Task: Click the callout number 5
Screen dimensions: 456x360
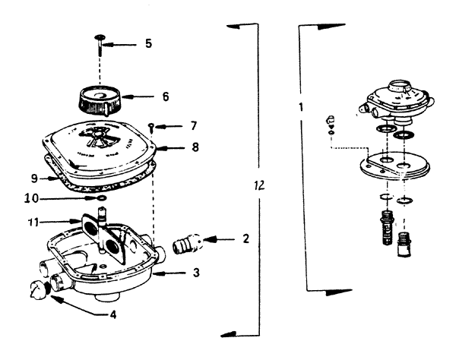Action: pyautogui.click(x=149, y=43)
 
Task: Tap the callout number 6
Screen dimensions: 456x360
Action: pyautogui.click(x=166, y=96)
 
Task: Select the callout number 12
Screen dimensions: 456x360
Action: pyautogui.click(x=259, y=185)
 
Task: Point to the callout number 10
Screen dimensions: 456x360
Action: pyautogui.click(x=31, y=199)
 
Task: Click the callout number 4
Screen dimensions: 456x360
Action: pyautogui.click(x=112, y=314)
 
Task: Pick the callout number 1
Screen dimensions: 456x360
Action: pyautogui.click(x=301, y=107)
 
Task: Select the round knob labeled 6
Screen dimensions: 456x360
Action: pyautogui.click(x=100, y=101)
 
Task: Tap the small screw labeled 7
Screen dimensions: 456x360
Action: pyautogui.click(x=151, y=128)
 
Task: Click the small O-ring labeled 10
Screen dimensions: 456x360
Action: pyautogui.click(x=102, y=198)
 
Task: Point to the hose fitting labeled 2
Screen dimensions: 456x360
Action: pyautogui.click(x=187, y=244)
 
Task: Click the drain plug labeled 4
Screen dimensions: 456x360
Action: pyautogui.click(x=39, y=289)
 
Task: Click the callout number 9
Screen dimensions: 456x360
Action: pyautogui.click(x=35, y=178)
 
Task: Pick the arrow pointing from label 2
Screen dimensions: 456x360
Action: pyautogui.click(x=219, y=239)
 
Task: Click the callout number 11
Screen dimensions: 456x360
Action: pyautogui.click(x=33, y=223)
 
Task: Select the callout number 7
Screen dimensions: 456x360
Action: pyautogui.click(x=194, y=126)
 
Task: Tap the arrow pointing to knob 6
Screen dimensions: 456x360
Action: pyautogui.click(x=138, y=96)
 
